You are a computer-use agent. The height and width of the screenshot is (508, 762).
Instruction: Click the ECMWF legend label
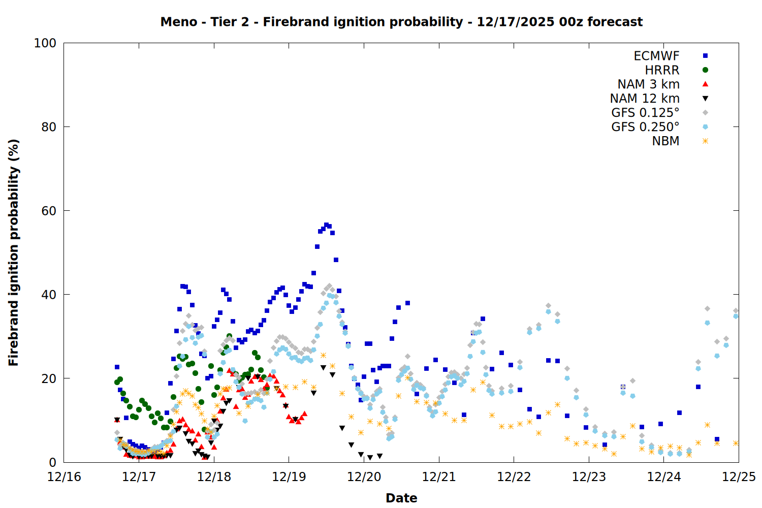[x=656, y=56]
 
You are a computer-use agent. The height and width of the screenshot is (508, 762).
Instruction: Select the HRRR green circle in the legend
[x=705, y=70]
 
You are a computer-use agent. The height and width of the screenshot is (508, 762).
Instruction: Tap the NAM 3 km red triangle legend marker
[x=705, y=84]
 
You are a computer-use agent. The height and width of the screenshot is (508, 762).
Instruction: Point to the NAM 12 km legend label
[x=645, y=99]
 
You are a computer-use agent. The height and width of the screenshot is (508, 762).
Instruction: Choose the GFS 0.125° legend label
[x=645, y=113]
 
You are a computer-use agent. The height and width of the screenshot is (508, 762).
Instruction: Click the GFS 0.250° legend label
[x=645, y=127]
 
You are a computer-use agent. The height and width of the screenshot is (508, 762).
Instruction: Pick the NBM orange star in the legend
[x=705, y=141]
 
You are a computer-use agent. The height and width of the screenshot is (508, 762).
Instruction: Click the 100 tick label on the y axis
[x=45, y=43]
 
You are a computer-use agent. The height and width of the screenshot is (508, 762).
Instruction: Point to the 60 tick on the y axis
[x=49, y=211]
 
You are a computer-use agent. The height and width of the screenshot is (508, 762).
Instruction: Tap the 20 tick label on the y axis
[x=49, y=378]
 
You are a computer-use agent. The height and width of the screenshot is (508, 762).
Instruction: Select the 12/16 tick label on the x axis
[x=64, y=477]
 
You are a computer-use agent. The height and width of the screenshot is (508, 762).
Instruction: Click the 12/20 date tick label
[x=364, y=477]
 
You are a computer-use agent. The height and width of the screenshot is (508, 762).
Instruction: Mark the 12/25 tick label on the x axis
[x=739, y=477]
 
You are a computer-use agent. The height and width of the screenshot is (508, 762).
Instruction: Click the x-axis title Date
[x=401, y=498]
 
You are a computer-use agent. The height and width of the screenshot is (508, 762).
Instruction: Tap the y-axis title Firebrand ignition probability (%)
[x=14, y=252]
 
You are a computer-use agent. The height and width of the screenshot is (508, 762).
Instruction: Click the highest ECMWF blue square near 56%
[x=326, y=225]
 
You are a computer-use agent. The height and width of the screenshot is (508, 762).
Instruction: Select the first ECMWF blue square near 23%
[x=117, y=367]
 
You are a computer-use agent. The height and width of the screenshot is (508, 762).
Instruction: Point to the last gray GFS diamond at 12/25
[x=736, y=310]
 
